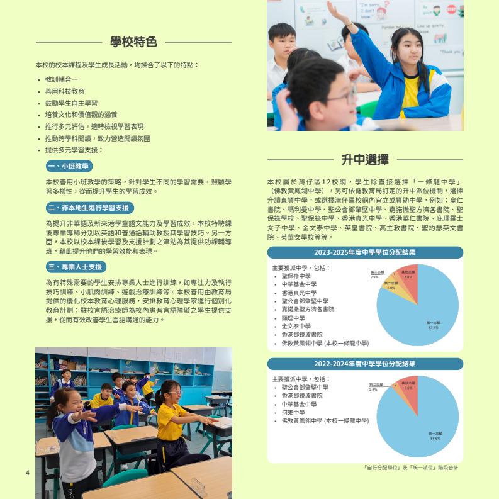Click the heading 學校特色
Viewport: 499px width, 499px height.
click(x=133, y=42)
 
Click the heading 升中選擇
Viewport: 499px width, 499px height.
click(x=365, y=159)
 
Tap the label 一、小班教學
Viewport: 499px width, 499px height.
click(x=69, y=166)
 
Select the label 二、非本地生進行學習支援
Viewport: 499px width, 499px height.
click(x=90, y=208)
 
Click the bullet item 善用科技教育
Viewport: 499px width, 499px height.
click(x=65, y=91)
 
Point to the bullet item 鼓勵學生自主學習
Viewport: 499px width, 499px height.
click(x=71, y=103)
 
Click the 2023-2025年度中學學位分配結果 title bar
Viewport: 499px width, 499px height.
click(x=365, y=252)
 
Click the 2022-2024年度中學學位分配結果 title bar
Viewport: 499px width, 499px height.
click(x=365, y=364)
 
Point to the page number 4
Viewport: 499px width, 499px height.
click(x=28, y=473)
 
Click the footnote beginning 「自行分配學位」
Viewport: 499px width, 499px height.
click(x=411, y=468)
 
